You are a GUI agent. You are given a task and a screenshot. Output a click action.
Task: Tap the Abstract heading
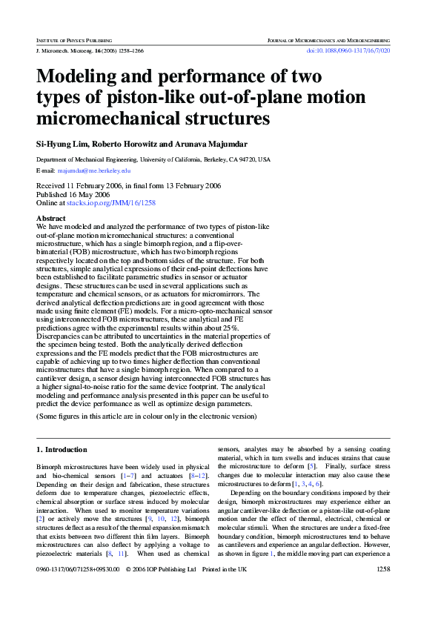pyautogui.click(x=50, y=219)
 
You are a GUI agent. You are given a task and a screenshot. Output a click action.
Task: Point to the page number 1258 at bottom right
pyautogui.click(x=383, y=590)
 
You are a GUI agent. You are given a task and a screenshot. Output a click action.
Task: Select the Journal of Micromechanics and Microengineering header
pyautogui.click(x=328, y=38)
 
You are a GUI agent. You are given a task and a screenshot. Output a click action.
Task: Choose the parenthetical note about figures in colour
pyautogui.click(x=147, y=416)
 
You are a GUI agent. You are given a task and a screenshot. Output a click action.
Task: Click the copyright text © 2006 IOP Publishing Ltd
pyautogui.click(x=161, y=590)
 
